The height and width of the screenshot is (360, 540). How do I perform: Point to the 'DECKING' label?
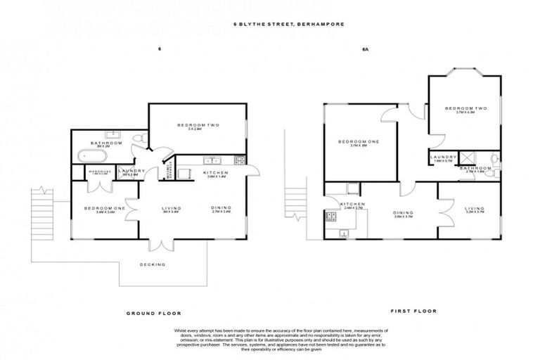click(x=153, y=264)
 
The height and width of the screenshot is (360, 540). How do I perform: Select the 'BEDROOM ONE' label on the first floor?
click(x=359, y=142)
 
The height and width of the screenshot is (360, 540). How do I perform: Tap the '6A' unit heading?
click(x=365, y=50)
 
